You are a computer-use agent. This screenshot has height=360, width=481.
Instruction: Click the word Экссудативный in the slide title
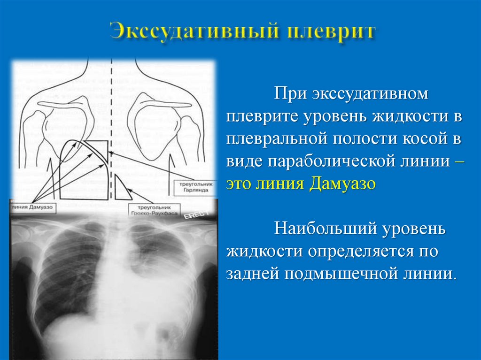pyautogui.click(x=187, y=32)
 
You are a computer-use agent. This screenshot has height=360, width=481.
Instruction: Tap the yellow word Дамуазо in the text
pyautogui.click(x=343, y=183)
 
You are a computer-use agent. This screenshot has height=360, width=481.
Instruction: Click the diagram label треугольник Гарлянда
pyautogui.click(x=195, y=188)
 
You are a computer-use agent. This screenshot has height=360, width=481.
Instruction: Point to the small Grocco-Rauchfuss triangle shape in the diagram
pyautogui.click(x=122, y=190)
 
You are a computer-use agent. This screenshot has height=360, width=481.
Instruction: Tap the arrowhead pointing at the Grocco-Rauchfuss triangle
pyautogui.click(x=130, y=190)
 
